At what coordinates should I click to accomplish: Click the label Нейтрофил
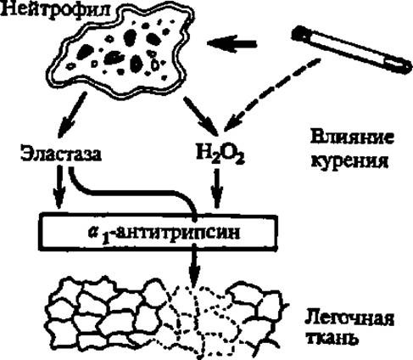pos(55,11)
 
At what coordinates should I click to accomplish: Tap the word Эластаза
pos(61,155)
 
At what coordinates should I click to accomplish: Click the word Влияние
pos(352,138)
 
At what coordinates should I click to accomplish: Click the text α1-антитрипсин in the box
pos(164,233)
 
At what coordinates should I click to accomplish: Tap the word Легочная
pos(349,319)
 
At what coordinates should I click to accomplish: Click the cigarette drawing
pos(351,49)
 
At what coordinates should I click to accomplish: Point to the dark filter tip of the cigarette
pos(299,33)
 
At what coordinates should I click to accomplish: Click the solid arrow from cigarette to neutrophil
pos(232,43)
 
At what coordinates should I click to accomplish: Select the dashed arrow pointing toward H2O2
pos(271,95)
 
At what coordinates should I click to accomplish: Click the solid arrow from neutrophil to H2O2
pos(201,116)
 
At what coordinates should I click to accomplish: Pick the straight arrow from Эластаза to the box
pos(59,187)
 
